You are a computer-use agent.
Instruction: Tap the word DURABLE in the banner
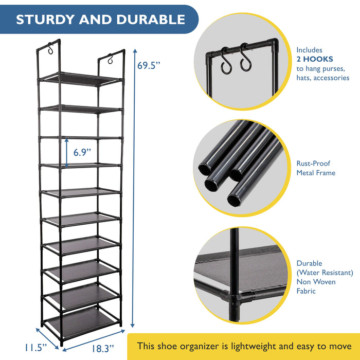151,20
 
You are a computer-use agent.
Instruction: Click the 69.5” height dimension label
148,65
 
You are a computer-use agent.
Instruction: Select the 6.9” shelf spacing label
82,152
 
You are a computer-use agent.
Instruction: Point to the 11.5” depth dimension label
36,348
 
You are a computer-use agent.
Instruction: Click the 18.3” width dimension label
103,349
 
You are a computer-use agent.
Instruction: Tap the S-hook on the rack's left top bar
50,48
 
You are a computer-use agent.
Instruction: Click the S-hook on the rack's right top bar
111,59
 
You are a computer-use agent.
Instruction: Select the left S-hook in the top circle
226,61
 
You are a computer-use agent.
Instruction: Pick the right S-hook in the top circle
245,57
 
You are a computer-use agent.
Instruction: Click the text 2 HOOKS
315,59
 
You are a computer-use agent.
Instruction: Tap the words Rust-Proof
313,163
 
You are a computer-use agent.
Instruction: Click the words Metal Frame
316,173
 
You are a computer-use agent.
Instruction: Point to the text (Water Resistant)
325,273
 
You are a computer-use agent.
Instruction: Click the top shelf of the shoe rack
81,79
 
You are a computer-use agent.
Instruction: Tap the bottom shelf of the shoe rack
81,323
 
